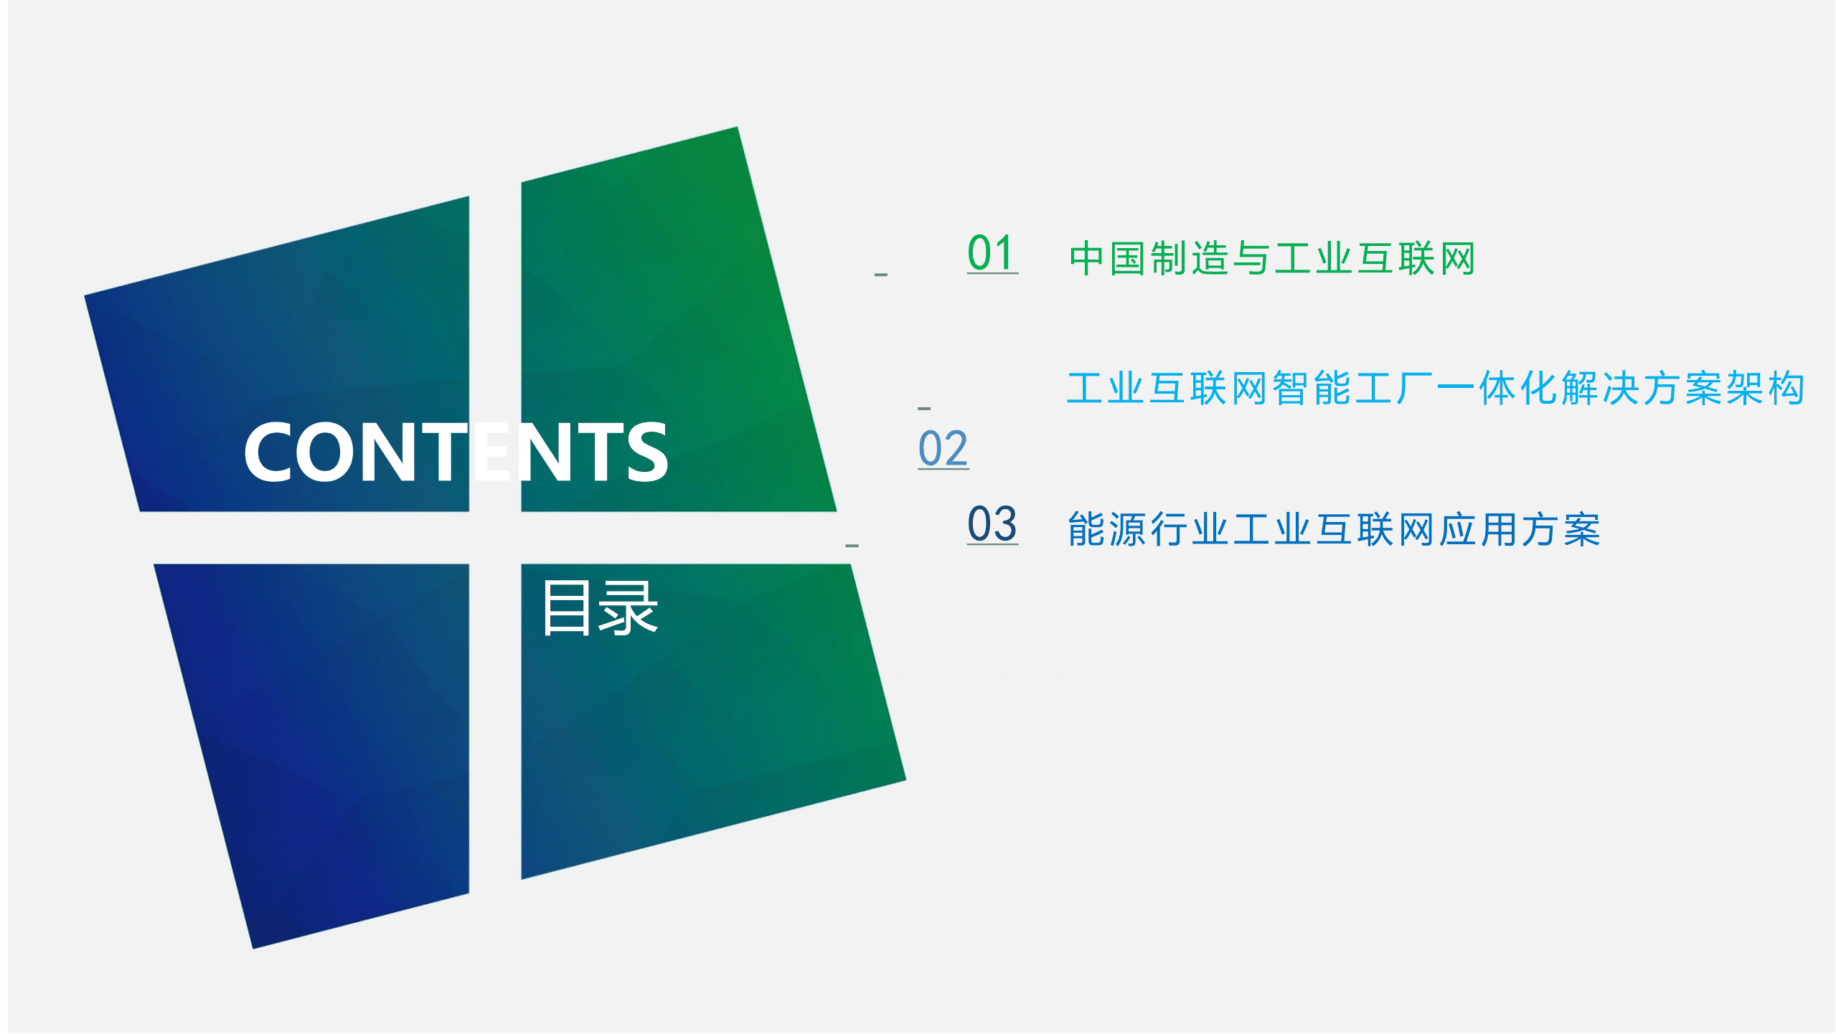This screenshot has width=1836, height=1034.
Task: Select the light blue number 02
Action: coord(943,449)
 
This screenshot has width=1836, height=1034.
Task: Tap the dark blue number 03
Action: coord(992,524)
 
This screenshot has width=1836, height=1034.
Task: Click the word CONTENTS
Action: coord(456,452)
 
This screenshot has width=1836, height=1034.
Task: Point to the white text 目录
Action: coord(600,608)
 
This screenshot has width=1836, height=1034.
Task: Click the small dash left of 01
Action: coord(881,275)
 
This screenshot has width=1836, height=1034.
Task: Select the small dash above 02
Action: coord(924,408)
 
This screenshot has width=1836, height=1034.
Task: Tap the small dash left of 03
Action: coord(852,546)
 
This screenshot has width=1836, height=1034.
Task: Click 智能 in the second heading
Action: coord(1313,389)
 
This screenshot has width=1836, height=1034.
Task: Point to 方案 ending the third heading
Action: coord(1561,530)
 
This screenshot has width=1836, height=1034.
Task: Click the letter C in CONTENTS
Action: coord(270,452)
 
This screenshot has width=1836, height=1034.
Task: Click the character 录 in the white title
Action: coord(629,608)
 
